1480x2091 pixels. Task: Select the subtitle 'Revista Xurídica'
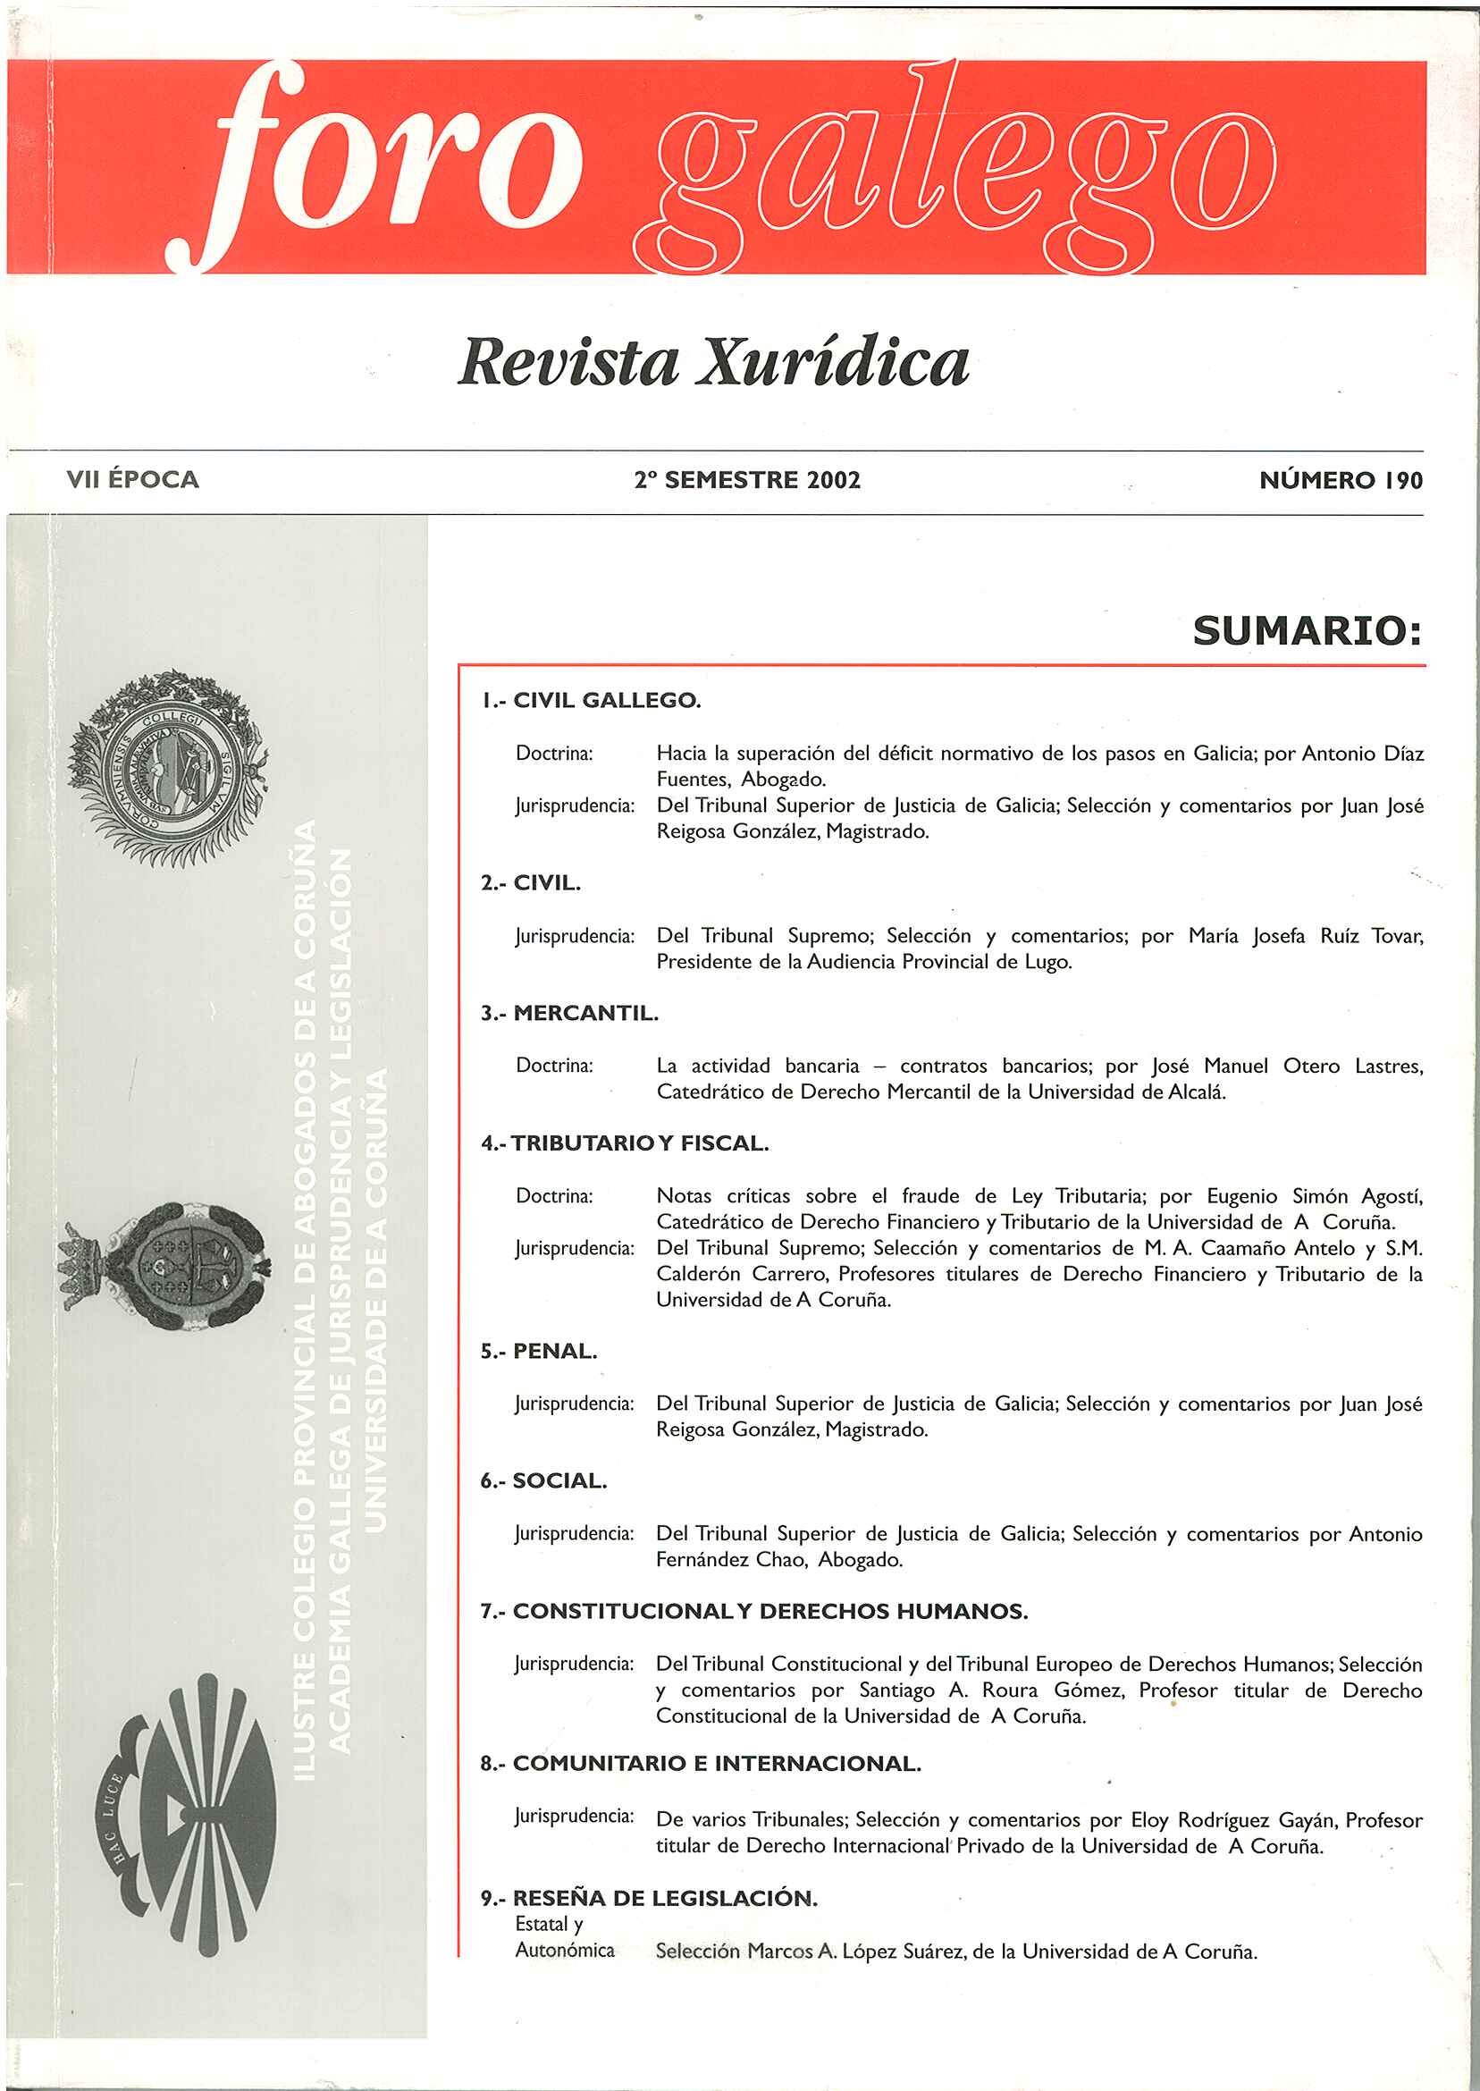tap(713, 363)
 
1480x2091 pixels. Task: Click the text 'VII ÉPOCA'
tap(132, 479)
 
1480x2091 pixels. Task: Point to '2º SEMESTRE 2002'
tap(747, 480)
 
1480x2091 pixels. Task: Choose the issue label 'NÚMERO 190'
tap(1340, 480)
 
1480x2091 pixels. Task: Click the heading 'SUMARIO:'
tap(1307, 631)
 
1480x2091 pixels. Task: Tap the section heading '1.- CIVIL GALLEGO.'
tap(591, 701)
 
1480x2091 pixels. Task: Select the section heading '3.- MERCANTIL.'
tap(569, 1014)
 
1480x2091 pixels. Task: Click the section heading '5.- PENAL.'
tap(539, 1352)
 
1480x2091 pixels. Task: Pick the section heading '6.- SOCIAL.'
tap(543, 1481)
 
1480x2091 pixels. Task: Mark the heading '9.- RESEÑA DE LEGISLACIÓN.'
tap(649, 1899)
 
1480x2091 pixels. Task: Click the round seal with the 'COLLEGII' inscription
tap(169, 768)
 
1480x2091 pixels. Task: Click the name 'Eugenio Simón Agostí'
tap(1314, 1196)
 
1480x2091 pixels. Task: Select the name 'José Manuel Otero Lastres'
tap(1287, 1067)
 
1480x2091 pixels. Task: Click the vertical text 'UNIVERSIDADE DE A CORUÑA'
tap(375, 1299)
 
